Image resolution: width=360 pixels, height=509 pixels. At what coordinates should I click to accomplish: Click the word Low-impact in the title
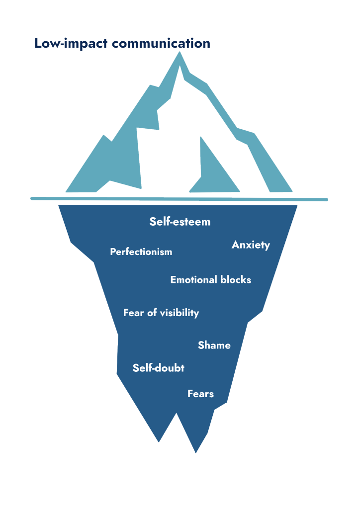(71, 44)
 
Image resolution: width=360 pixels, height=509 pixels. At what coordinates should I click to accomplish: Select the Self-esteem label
(180, 222)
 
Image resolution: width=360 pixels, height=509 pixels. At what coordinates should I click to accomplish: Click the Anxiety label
(251, 245)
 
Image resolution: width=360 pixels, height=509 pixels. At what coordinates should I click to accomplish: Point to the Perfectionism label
(141, 252)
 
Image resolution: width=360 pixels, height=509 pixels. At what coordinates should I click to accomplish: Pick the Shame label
(214, 345)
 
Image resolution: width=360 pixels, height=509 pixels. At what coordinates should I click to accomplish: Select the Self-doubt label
(159, 368)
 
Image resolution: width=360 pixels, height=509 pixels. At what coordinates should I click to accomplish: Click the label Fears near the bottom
(200, 394)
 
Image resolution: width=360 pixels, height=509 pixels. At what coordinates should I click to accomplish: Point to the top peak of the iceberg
(180, 52)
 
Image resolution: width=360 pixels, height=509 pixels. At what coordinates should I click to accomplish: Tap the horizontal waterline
(179, 199)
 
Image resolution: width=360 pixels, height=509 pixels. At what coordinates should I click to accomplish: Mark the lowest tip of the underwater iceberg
(196, 453)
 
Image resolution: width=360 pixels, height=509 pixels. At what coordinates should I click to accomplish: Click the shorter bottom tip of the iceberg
(159, 442)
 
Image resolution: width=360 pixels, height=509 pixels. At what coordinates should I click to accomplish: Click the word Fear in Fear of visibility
(133, 313)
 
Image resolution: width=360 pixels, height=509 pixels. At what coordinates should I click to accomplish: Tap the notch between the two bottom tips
(176, 413)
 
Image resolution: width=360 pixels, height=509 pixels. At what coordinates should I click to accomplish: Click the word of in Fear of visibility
(152, 313)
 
